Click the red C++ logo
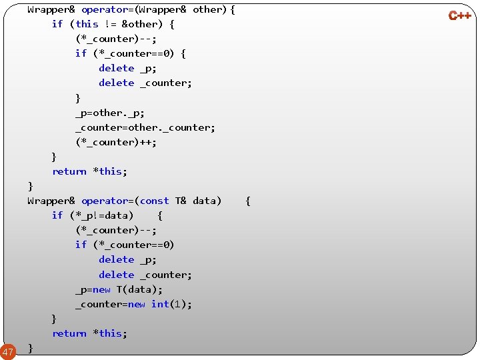459,15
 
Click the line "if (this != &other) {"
113,24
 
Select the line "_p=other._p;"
110,113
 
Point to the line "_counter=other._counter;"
145,127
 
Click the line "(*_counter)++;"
116,142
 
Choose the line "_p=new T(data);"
119,289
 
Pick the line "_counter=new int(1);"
133,304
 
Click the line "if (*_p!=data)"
93,215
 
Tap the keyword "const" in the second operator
155,201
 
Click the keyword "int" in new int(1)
160,304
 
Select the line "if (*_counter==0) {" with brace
131,53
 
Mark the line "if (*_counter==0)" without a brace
125,245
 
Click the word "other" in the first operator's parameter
208,9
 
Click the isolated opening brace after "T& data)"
248,201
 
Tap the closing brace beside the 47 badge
31,348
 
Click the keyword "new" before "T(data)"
102,289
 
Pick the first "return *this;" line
90,171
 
